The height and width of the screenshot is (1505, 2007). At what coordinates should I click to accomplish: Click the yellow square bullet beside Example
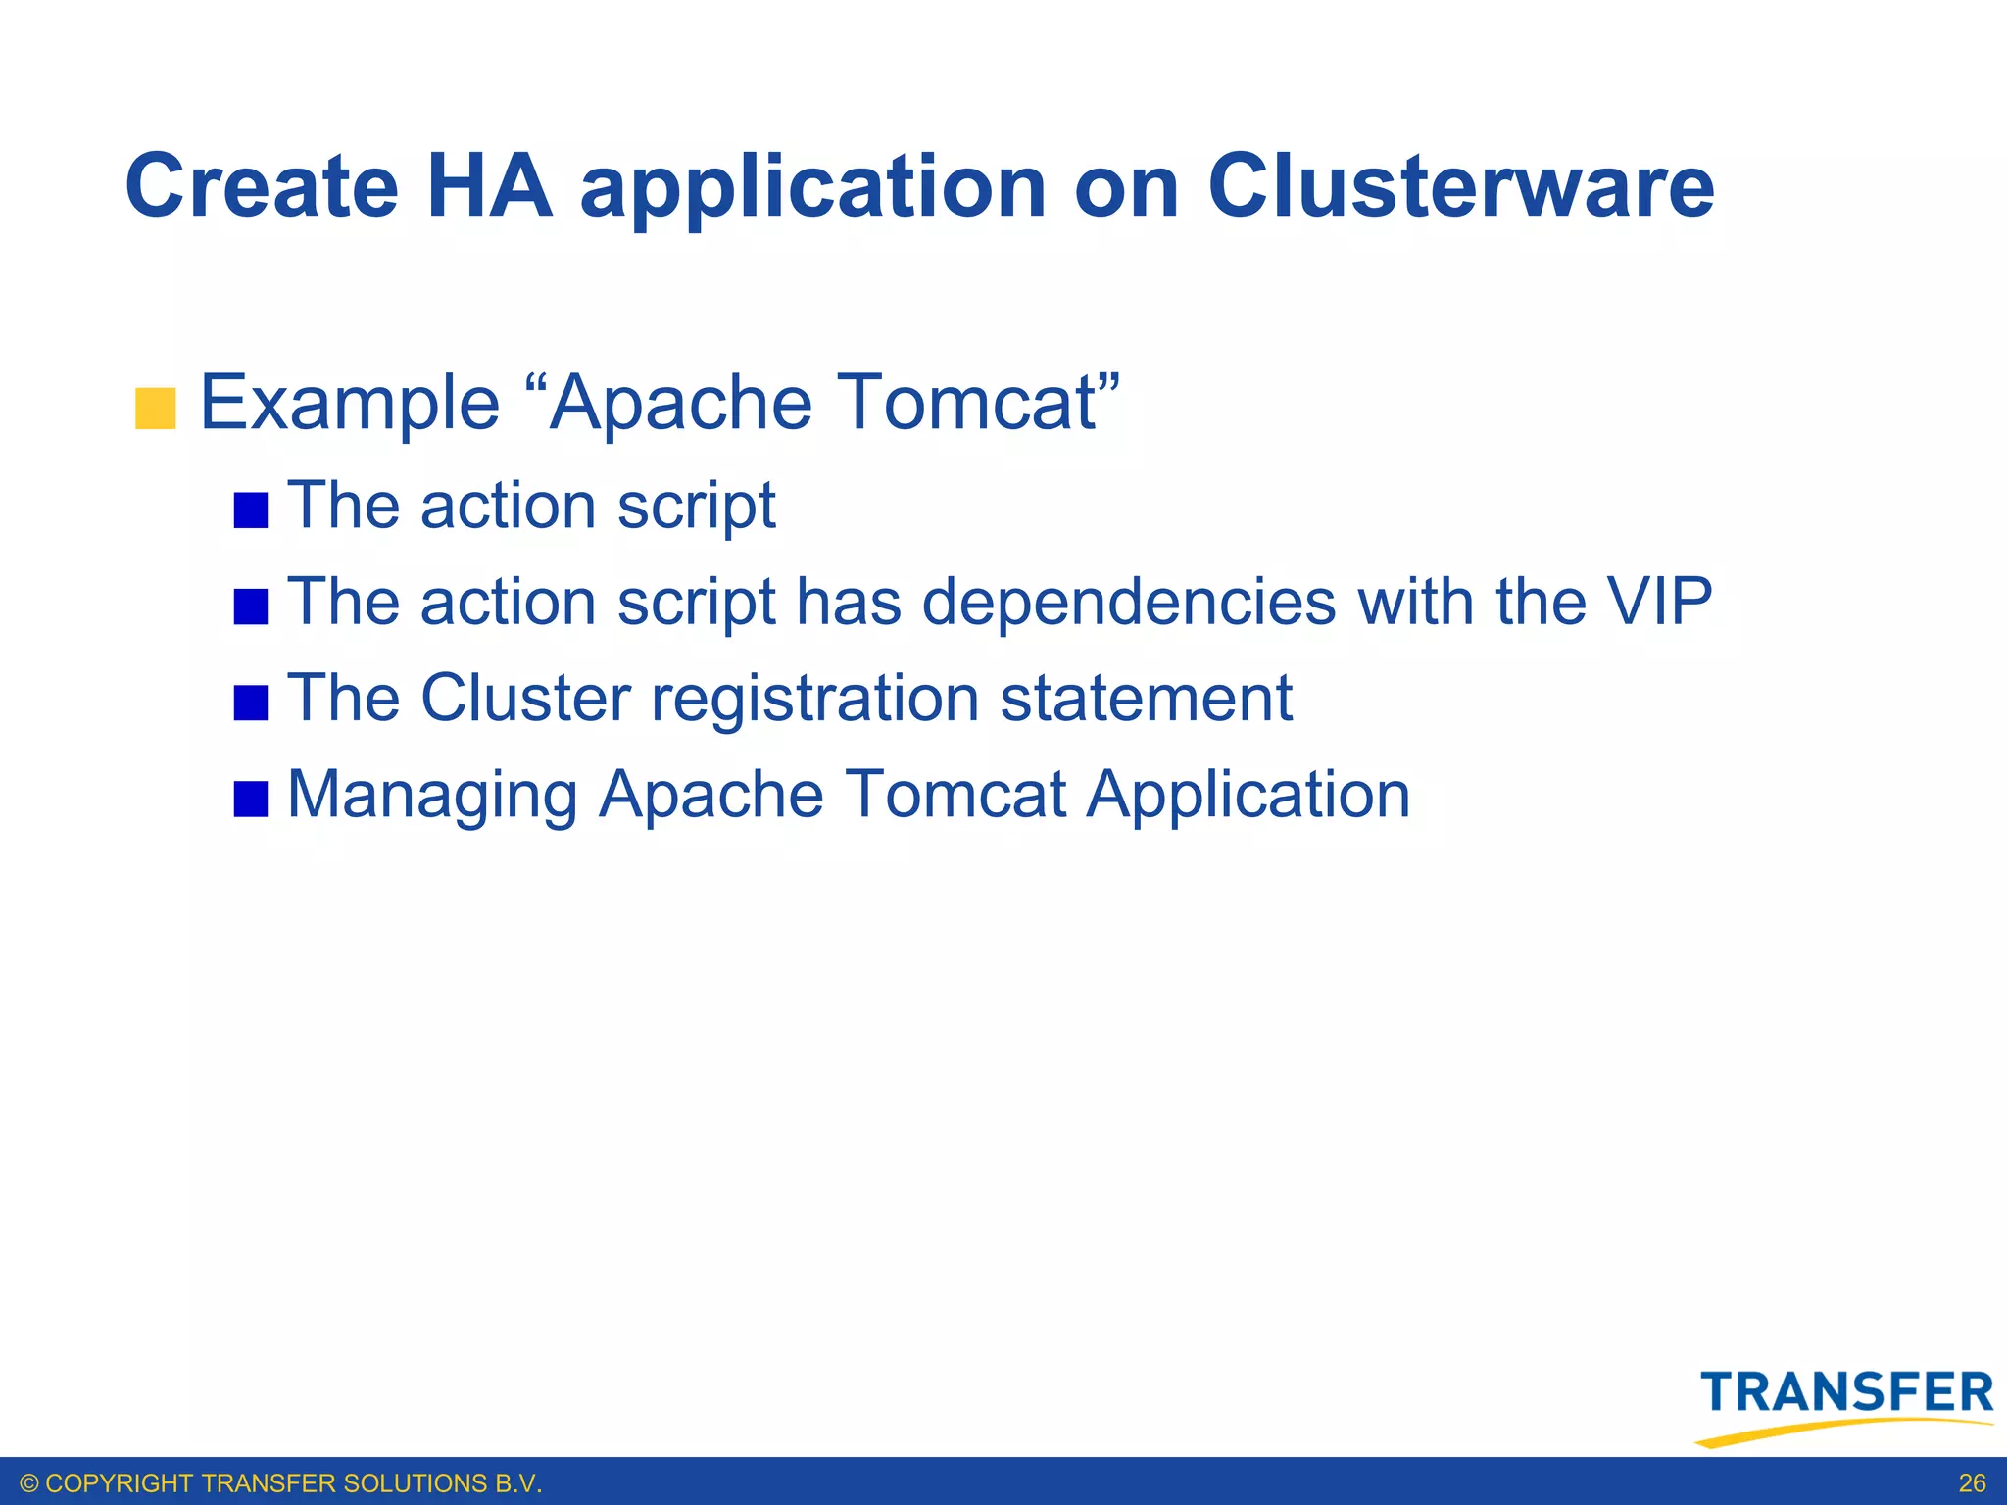click(155, 409)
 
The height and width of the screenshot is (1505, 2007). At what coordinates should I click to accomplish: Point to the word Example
click(350, 403)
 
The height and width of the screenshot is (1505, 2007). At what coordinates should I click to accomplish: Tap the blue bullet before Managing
click(251, 799)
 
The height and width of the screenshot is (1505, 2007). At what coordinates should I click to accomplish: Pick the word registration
click(814, 701)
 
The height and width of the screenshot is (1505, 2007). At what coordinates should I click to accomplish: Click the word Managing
click(432, 796)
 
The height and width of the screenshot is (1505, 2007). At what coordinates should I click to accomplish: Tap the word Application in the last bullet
click(1248, 796)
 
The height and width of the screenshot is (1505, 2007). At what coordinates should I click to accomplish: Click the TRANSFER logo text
click(1846, 1392)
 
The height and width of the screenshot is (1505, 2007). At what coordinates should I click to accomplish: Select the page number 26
click(1972, 1483)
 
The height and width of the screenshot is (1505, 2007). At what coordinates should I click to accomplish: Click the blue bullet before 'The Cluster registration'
click(251, 703)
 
